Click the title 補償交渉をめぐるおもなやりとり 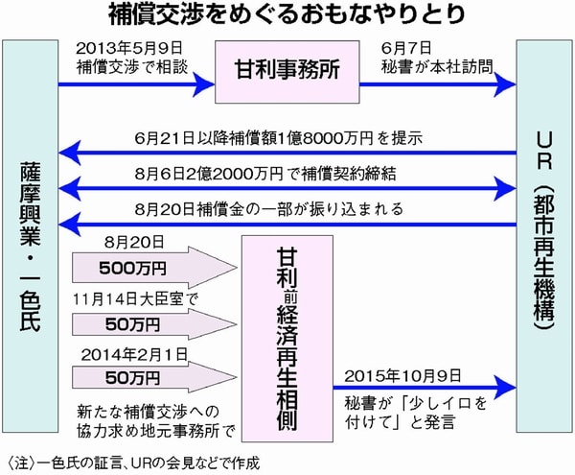(x=287, y=15)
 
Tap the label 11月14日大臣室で (x=129, y=298)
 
